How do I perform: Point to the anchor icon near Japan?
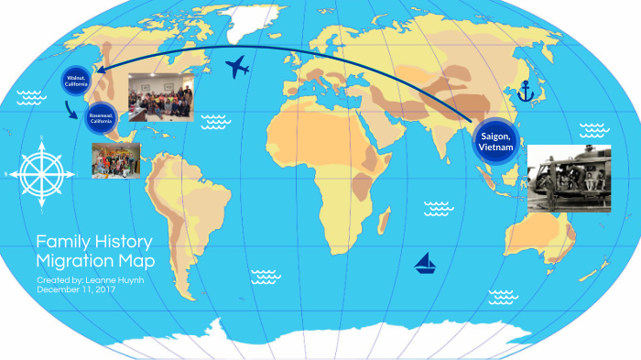pos(526,91)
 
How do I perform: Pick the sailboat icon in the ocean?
pos(426,264)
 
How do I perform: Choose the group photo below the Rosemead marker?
pos(115,159)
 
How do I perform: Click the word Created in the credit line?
pos(51,279)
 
